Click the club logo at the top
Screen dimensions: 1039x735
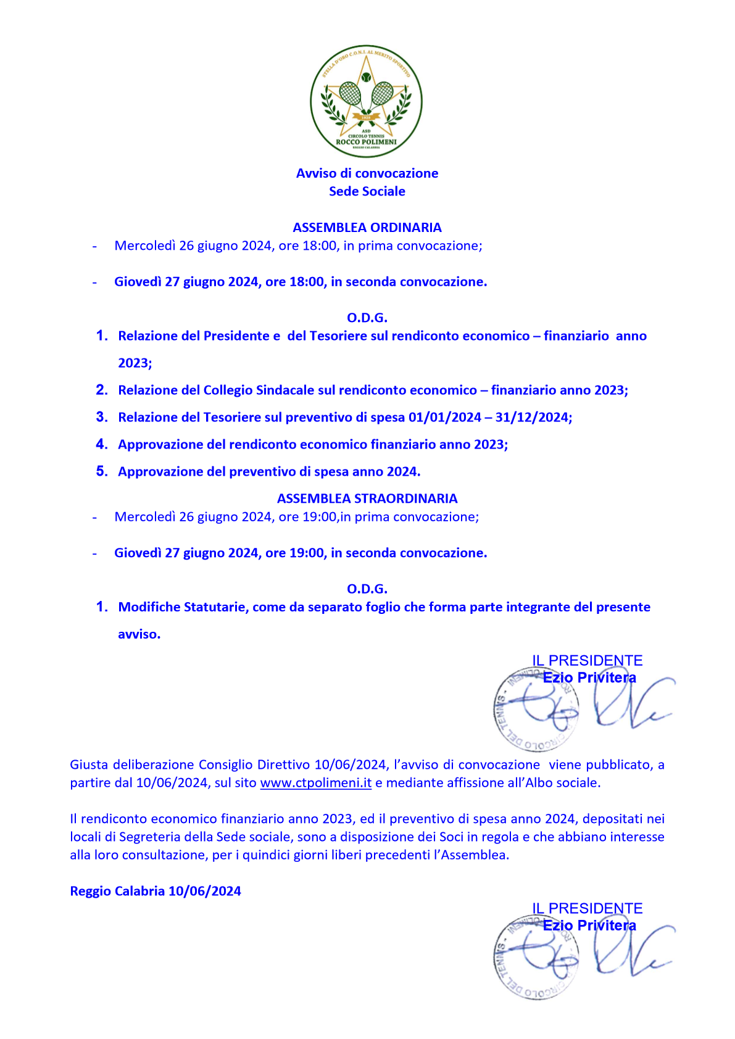(x=367, y=101)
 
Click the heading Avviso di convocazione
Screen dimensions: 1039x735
(x=367, y=173)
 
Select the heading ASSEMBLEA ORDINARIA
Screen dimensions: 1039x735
(x=367, y=228)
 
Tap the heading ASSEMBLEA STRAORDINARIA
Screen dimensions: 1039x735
(x=367, y=499)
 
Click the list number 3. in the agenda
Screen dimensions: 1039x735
(x=102, y=417)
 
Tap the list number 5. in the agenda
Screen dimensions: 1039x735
(x=102, y=471)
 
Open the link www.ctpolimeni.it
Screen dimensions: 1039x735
(x=315, y=783)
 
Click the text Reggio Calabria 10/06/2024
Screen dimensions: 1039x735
(x=156, y=892)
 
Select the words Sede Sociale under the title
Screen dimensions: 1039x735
(x=367, y=191)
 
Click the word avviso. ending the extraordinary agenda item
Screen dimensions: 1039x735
(x=139, y=634)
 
